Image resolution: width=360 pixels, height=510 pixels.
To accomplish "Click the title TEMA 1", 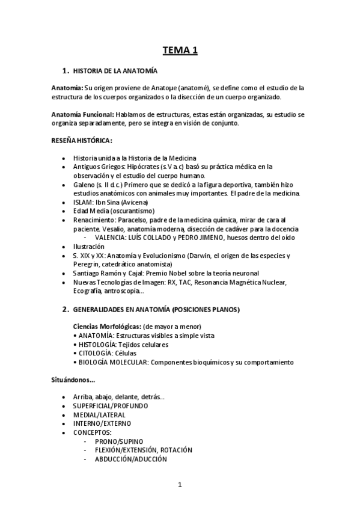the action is click(180, 51).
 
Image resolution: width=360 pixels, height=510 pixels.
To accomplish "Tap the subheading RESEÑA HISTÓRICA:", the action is click(82, 140).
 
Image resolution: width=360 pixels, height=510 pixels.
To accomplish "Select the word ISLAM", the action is click(83, 202).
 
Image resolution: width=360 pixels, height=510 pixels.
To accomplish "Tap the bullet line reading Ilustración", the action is click(90, 247).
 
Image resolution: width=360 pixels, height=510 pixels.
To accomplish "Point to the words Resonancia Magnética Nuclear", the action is click(236, 282).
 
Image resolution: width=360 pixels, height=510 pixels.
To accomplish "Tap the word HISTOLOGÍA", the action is click(97, 345).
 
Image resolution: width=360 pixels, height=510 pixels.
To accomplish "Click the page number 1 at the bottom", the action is click(180, 485).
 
